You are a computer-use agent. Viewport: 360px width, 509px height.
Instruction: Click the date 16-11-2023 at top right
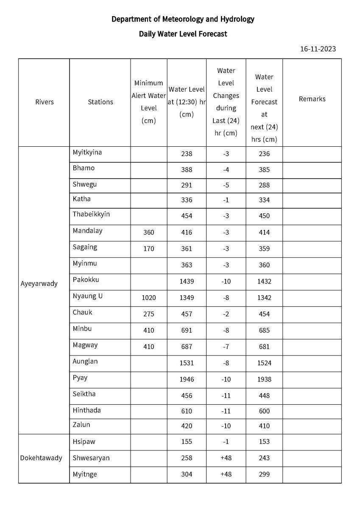pyautogui.click(x=318, y=49)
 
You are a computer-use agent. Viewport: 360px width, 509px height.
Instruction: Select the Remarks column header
pyautogui.click(x=312, y=99)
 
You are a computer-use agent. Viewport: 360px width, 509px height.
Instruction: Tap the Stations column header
pyautogui.click(x=100, y=102)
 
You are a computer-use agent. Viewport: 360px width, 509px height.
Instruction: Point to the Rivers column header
pyautogui.click(x=45, y=102)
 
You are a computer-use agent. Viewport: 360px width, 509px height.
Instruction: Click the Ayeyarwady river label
pyautogui.click(x=39, y=283)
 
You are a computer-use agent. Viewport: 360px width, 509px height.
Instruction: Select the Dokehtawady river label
pyautogui.click(x=41, y=458)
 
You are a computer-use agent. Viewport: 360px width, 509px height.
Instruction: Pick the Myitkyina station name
pyautogui.click(x=87, y=152)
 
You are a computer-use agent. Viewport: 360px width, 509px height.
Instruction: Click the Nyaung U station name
pyautogui.click(x=87, y=296)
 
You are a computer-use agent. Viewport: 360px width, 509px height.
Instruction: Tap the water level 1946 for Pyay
pyautogui.click(x=187, y=379)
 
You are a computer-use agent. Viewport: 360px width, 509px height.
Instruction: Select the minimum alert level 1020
pyautogui.click(x=148, y=298)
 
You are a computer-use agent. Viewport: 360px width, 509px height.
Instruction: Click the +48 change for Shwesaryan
pyautogui.click(x=226, y=458)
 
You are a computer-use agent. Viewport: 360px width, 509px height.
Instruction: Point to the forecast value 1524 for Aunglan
pyautogui.click(x=264, y=363)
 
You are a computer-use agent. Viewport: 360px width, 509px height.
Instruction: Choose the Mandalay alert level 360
pyautogui.click(x=148, y=232)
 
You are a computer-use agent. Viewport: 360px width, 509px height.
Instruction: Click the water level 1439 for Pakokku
pyautogui.click(x=187, y=282)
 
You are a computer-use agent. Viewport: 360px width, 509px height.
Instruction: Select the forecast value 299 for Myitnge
pyautogui.click(x=264, y=475)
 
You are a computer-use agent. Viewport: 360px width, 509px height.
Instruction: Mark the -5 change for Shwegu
pyautogui.click(x=226, y=185)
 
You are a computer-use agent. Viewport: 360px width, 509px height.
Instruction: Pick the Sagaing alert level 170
pyautogui.click(x=148, y=249)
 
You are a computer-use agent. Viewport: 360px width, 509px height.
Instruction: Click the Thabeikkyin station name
pyautogui.click(x=91, y=214)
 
